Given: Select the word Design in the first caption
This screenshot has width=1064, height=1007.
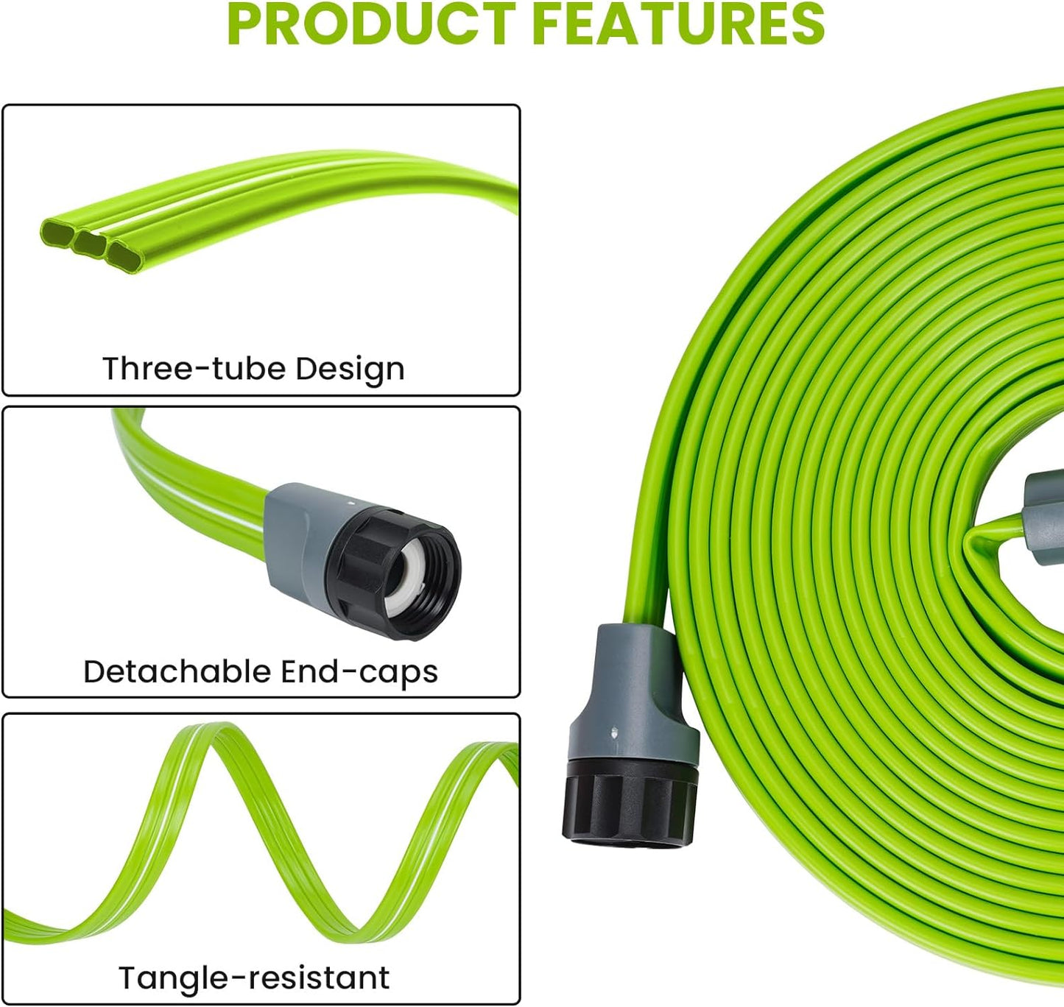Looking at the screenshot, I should click(x=350, y=369).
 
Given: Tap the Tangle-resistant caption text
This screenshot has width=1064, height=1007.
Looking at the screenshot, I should click(x=254, y=978).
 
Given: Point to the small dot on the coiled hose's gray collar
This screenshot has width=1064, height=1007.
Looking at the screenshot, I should click(x=615, y=732).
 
